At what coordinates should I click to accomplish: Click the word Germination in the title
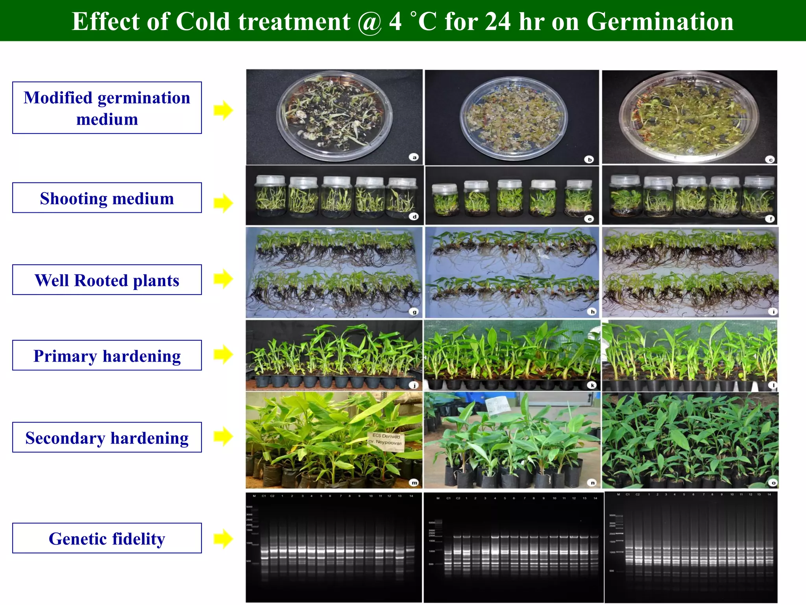(x=660, y=21)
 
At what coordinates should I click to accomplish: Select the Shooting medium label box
(x=107, y=198)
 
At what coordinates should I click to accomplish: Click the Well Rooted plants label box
(x=107, y=280)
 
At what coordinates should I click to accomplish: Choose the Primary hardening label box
(x=107, y=356)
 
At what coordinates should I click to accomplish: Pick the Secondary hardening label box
(x=107, y=438)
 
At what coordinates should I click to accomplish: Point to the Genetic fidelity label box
(x=107, y=538)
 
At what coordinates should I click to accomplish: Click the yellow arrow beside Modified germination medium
(x=223, y=110)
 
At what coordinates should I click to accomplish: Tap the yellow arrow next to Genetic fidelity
(x=223, y=538)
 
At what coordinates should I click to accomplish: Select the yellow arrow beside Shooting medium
(x=223, y=203)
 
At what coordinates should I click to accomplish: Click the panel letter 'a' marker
(x=414, y=157)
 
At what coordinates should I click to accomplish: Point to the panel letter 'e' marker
(x=589, y=219)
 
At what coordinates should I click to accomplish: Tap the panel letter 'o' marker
(x=773, y=483)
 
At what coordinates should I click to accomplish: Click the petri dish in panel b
(x=513, y=118)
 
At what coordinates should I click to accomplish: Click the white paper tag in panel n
(x=497, y=406)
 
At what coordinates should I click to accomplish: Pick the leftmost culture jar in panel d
(x=270, y=196)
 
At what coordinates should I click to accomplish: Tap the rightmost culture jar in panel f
(x=758, y=197)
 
